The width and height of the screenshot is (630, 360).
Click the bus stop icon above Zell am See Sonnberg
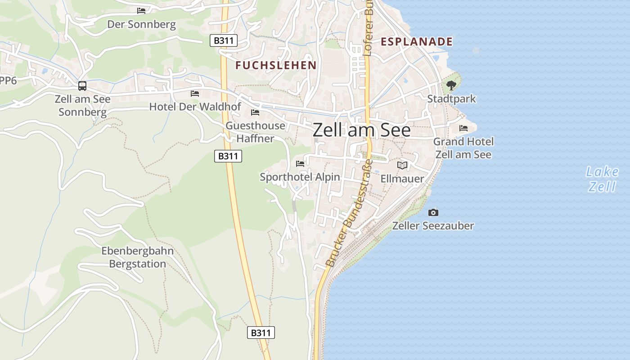pos(82,85)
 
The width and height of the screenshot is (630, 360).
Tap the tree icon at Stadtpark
pos(451,85)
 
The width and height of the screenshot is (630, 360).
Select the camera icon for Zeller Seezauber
pos(433,212)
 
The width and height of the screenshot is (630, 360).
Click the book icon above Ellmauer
pos(402,165)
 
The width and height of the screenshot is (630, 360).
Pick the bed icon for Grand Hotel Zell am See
pos(463,128)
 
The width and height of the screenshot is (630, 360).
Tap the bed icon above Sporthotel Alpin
pos(300,163)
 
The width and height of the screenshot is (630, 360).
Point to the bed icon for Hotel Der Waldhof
pos(195,93)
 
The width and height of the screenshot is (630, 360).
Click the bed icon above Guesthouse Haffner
pos(255,112)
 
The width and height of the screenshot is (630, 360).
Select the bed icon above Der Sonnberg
pos(141,10)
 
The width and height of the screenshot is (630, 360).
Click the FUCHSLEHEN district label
pos(276,65)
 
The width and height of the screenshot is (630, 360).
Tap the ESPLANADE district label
pos(416,42)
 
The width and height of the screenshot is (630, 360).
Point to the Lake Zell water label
pos(602,179)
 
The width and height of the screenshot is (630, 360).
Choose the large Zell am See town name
pos(361,130)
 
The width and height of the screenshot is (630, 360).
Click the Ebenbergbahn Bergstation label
pos(138,257)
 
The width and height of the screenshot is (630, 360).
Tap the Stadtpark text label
pos(451,99)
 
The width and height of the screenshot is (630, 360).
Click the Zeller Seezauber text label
pos(433,225)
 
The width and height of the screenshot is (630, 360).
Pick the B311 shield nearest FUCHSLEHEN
pos(223,40)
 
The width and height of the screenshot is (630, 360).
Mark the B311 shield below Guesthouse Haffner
pos(228,156)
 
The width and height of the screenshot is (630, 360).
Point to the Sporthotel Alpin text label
pos(300,177)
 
